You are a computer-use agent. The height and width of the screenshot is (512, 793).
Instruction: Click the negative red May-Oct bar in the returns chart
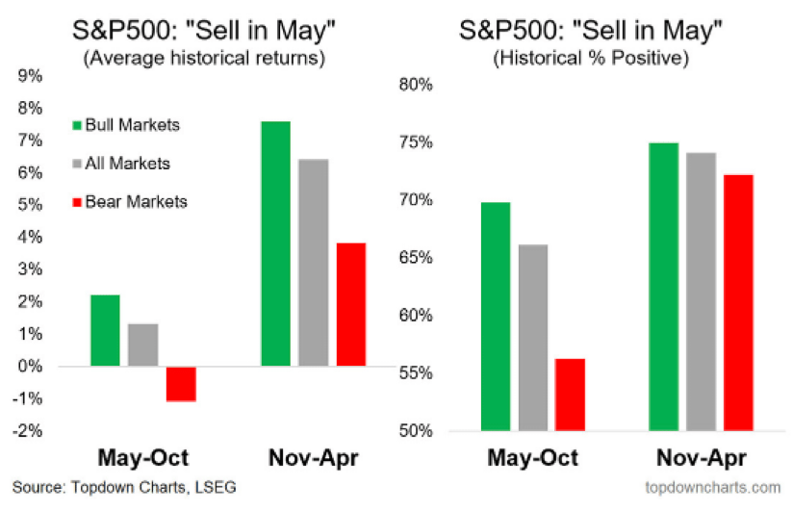pyautogui.click(x=180, y=384)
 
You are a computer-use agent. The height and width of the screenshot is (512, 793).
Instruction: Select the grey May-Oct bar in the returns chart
pyautogui.click(x=142, y=345)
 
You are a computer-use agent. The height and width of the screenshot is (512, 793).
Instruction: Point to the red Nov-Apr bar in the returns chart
pyautogui.click(x=350, y=304)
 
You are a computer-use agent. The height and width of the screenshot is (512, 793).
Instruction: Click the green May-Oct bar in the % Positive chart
pyautogui.click(x=495, y=317)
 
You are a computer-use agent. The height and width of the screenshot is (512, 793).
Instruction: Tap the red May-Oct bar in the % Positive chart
pyautogui.click(x=570, y=395)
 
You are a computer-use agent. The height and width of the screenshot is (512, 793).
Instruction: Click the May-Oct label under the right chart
pyautogui.click(x=532, y=458)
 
